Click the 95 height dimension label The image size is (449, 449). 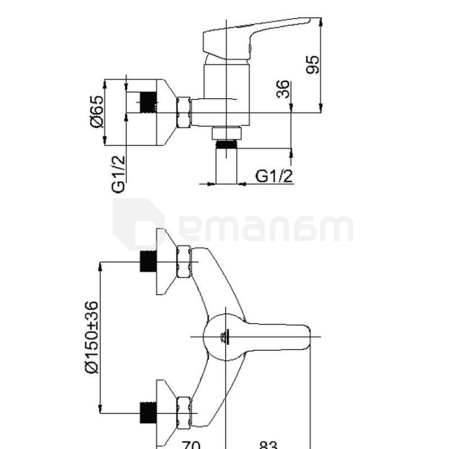coord(312,65)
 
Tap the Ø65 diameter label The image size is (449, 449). coord(96,112)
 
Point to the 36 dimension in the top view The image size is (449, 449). coord(283,89)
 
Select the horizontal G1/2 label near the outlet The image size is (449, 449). coord(274,176)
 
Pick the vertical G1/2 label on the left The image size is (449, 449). coord(119,174)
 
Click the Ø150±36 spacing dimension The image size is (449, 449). coord(92,337)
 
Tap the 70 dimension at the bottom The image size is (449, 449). coord(192,445)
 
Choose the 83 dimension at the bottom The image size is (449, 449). coord(268,445)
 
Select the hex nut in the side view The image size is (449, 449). coord(184,113)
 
